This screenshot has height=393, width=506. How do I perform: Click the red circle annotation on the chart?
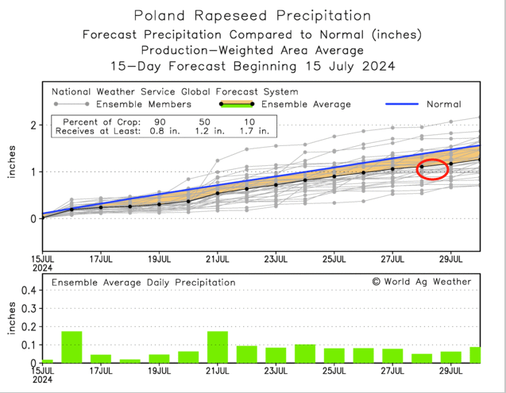point(432,168)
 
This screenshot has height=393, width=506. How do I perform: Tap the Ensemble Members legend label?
point(142,104)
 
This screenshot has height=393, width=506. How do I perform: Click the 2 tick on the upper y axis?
point(34,125)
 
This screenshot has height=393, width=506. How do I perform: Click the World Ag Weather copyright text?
point(421,281)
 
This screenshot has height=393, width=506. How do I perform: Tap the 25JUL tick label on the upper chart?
point(334,258)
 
